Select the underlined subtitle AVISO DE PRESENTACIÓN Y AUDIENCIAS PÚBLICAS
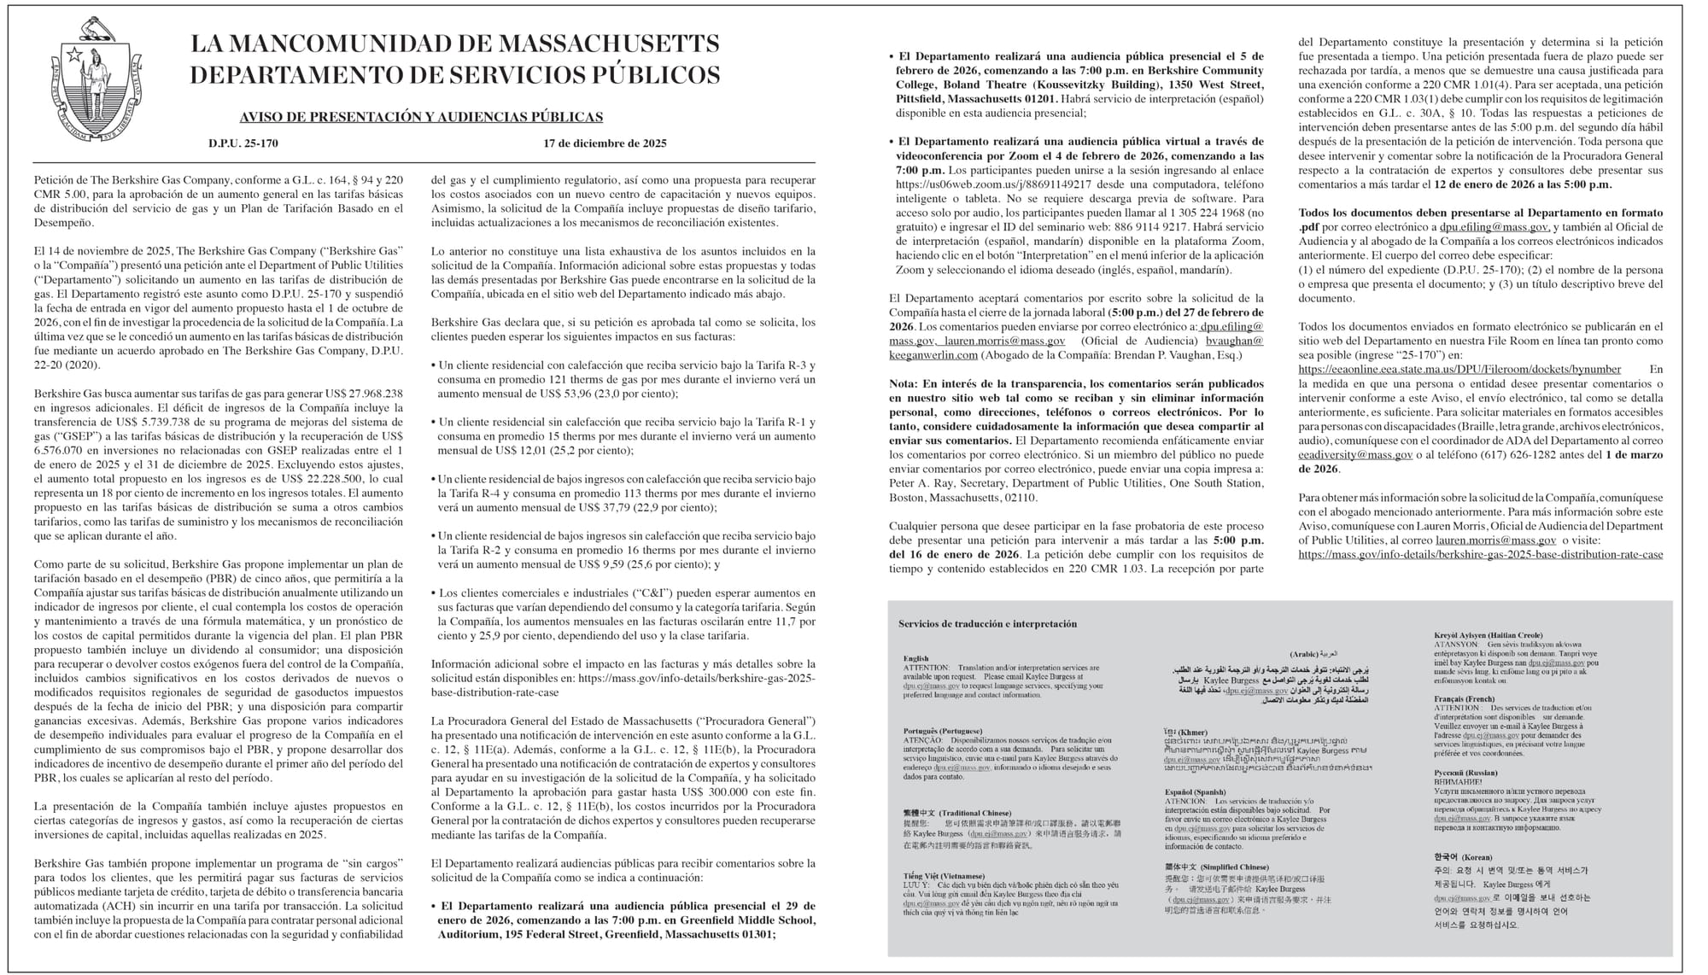421,117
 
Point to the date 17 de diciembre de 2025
605,143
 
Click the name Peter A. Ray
923,483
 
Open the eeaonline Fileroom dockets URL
1459,370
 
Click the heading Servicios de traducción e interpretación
987,624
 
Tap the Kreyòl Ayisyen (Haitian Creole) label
1488,635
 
